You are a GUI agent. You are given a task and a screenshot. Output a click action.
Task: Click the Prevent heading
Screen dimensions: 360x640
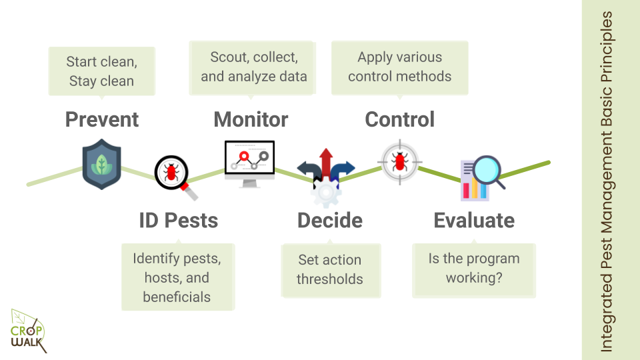coord(102,119)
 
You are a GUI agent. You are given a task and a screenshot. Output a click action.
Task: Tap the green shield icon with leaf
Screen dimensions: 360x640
coord(102,165)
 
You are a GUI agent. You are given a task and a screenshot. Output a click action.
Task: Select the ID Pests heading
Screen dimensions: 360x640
coord(178,220)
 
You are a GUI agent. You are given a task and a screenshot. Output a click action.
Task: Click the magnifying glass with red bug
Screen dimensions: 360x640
coord(174,175)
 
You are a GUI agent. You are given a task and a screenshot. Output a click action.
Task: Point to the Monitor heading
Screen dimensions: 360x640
coord(251,119)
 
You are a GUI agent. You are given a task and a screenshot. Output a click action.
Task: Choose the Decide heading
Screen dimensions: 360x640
coord(330,220)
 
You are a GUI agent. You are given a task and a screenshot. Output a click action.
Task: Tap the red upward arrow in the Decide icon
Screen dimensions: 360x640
coord(326,162)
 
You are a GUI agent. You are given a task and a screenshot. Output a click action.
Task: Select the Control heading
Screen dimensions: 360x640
coord(399,119)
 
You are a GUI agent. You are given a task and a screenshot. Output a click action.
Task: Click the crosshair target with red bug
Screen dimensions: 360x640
coord(400,161)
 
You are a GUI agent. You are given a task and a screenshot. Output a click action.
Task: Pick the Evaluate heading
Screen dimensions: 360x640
coord(474,220)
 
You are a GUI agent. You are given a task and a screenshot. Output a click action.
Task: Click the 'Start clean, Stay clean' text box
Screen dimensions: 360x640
coord(102,71)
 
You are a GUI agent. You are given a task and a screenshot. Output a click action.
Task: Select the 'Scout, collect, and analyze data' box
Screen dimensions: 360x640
coord(254,67)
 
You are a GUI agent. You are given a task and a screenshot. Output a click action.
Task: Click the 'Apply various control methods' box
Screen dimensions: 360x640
coord(399,67)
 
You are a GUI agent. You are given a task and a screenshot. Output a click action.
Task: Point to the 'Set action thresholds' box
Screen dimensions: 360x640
coord(329,269)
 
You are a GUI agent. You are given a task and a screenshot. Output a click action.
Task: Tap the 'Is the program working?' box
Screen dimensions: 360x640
coord(473,268)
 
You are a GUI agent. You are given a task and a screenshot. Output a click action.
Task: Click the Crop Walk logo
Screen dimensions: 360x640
coord(28,331)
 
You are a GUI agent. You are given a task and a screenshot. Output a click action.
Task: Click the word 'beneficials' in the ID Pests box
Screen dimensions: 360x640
coord(177,297)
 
